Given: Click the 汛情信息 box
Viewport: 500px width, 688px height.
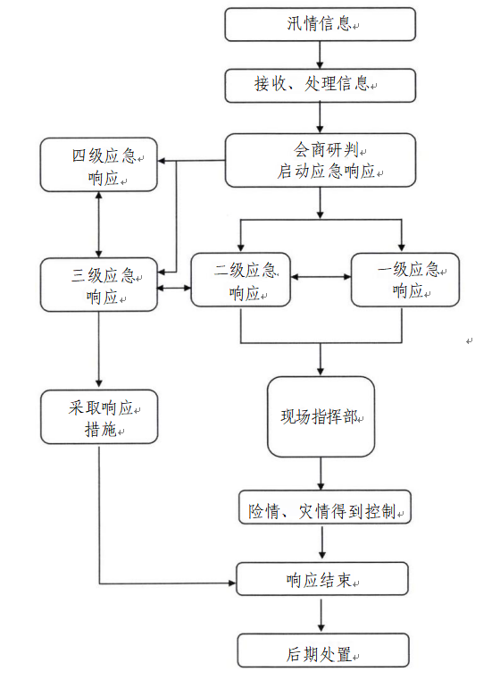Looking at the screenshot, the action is click(x=321, y=24).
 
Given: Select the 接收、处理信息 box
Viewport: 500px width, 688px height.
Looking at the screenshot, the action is click(x=321, y=85).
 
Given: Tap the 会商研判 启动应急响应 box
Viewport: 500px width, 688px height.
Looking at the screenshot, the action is click(x=321, y=160).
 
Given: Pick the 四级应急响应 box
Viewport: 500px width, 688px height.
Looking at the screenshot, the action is click(x=99, y=164).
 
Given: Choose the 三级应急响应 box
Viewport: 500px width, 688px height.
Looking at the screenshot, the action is click(x=99, y=284).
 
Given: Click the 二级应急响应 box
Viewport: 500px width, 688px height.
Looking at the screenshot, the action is click(x=241, y=280).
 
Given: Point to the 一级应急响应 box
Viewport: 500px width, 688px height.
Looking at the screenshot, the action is click(x=405, y=280).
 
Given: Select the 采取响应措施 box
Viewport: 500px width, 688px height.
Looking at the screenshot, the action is click(x=99, y=416).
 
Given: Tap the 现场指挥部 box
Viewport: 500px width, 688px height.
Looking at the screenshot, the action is click(x=321, y=416).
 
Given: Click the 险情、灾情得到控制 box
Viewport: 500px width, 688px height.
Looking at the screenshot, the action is click(x=325, y=508).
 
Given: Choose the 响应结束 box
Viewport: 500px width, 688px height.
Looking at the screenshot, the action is click(x=322, y=579).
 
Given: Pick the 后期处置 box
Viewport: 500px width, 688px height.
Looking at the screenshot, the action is click(x=323, y=650).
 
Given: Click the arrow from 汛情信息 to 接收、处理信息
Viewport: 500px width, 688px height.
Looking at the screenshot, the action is click(x=320, y=55).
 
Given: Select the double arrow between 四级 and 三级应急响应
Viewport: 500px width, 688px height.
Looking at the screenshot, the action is click(x=99, y=224).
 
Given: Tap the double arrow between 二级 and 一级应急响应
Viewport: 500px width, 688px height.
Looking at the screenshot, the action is click(x=321, y=277).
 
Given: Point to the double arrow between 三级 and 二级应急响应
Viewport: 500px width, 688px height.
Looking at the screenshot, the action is click(x=174, y=288).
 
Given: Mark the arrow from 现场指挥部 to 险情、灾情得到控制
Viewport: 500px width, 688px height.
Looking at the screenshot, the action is click(x=321, y=474).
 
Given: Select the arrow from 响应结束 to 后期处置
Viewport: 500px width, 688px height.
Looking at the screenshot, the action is click(x=322, y=615).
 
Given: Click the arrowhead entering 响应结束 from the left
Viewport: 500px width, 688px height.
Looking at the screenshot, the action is click(x=232, y=583).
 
